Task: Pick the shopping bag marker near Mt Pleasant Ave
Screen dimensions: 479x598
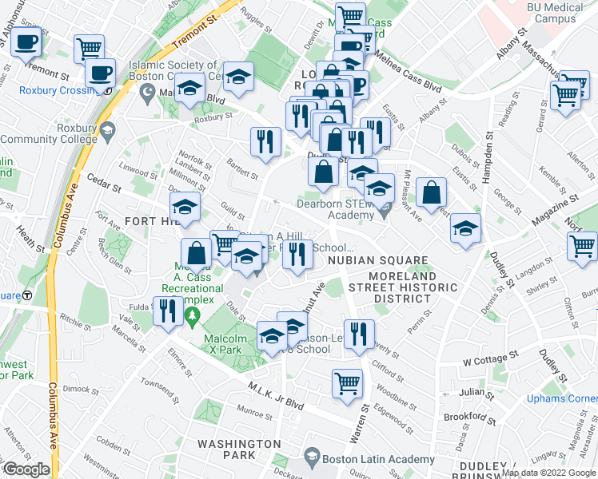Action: (x=431, y=192)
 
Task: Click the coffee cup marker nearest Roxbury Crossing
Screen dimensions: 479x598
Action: (x=100, y=73)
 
